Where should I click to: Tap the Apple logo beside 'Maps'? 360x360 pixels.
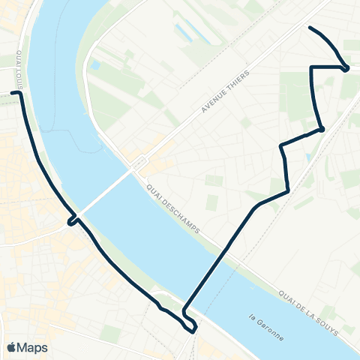click(x=11, y=347)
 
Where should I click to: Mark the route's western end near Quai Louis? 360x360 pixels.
click(x=13, y=94)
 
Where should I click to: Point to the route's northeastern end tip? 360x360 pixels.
click(x=310, y=28)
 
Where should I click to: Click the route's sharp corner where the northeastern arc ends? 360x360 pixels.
click(x=346, y=68)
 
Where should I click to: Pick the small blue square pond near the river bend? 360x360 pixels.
click(x=94, y=66)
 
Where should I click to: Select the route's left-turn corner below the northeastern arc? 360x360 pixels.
click(x=311, y=67)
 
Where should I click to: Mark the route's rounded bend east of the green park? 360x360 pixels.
click(x=321, y=129)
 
